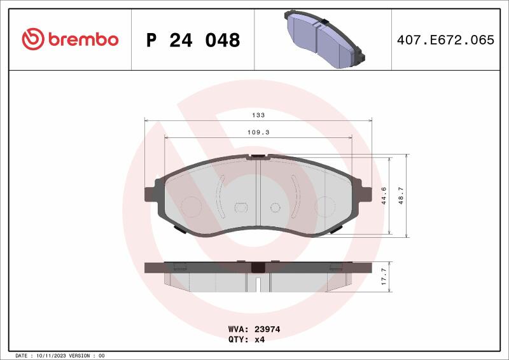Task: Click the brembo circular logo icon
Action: click(x=33, y=39)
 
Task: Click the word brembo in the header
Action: click(x=83, y=39)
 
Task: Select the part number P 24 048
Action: click(x=193, y=40)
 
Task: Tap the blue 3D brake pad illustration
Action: click(x=324, y=39)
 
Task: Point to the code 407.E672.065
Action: click(x=445, y=40)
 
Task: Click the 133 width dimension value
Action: click(x=258, y=115)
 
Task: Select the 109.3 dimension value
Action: click(x=258, y=132)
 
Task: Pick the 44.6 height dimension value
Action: click(x=384, y=195)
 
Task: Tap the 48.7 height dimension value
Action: click(x=401, y=195)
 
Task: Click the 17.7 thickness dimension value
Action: click(x=384, y=277)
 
